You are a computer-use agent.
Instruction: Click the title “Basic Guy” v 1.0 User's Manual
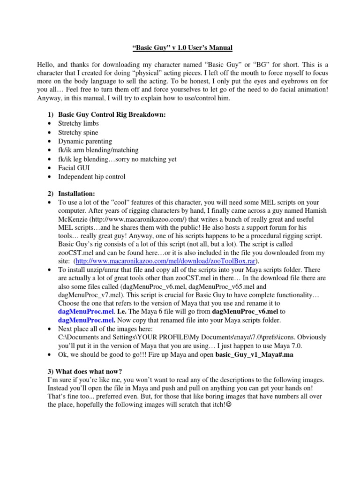coord(180,48)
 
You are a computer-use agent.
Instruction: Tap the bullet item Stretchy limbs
coord(78,123)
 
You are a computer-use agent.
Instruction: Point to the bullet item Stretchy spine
coord(78,133)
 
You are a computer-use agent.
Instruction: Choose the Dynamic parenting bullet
coord(85,142)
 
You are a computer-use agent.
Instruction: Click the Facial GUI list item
coord(74,168)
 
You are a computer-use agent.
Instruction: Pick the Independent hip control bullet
coord(92,177)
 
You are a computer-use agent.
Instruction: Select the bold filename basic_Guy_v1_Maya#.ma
coord(254,356)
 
